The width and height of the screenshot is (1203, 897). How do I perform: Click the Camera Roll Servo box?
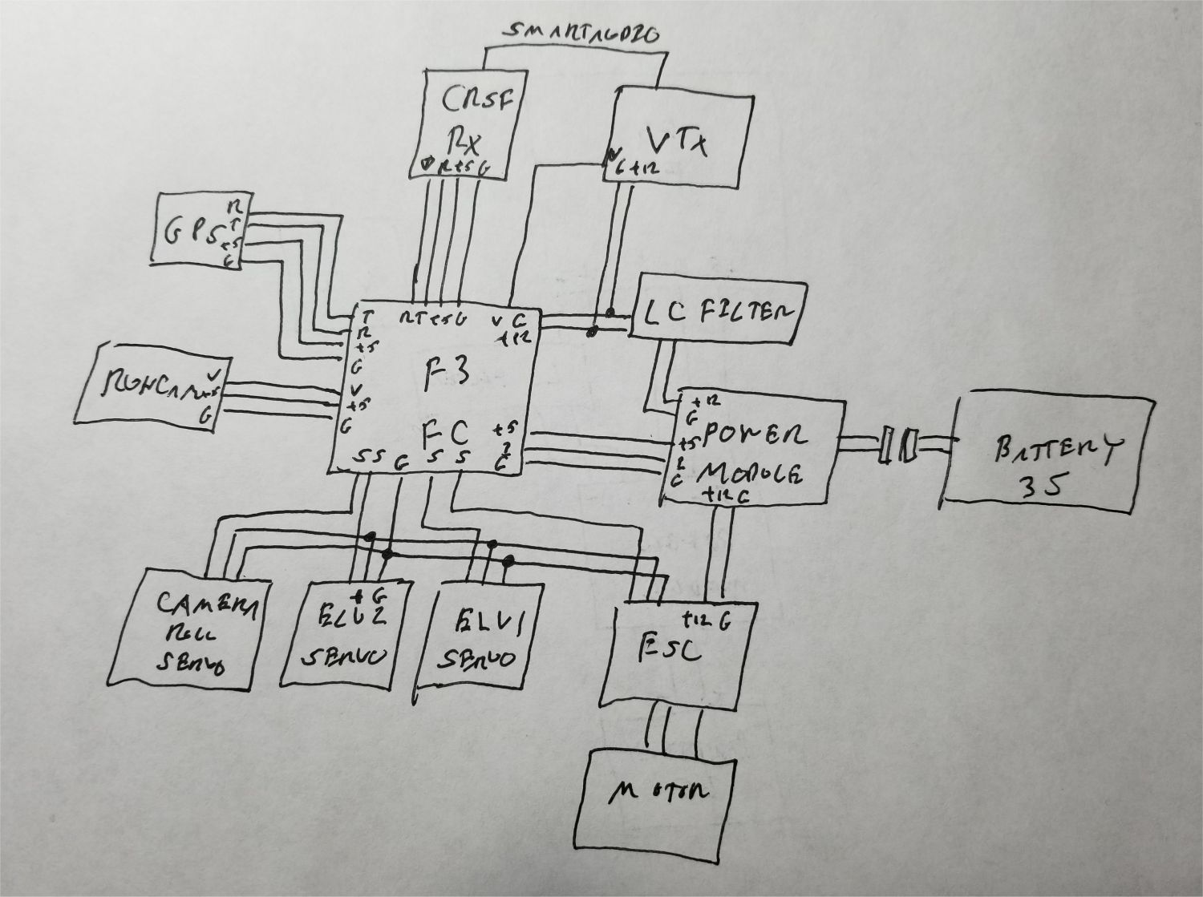[x=192, y=629]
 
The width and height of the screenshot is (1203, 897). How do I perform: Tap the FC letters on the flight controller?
[x=445, y=435]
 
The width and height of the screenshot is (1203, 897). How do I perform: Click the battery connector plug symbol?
[x=897, y=445]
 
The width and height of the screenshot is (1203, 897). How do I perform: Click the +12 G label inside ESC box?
[x=706, y=620]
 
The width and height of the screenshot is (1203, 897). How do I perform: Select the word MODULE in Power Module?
[x=751, y=472]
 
